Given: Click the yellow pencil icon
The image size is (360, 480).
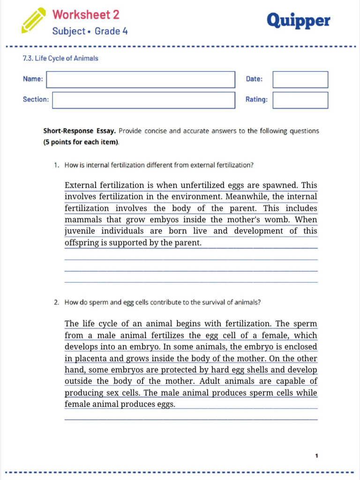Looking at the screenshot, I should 34,20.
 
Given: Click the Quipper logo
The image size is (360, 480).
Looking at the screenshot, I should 298,21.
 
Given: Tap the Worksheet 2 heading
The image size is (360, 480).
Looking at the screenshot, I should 86,15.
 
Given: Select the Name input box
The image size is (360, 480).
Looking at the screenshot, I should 141,79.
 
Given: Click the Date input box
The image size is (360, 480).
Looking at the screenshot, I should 300,79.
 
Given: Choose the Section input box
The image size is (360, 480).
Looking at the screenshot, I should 143,100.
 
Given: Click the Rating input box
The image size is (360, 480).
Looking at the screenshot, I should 300,100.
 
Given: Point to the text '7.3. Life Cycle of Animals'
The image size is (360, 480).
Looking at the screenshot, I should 60,59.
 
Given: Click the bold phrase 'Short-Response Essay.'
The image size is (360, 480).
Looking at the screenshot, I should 80,131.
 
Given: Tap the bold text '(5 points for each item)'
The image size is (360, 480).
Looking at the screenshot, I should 81,142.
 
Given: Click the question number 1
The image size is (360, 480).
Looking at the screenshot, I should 56,165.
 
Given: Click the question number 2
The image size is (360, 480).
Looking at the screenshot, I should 56,302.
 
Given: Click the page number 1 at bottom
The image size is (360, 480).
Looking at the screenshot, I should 317,455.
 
